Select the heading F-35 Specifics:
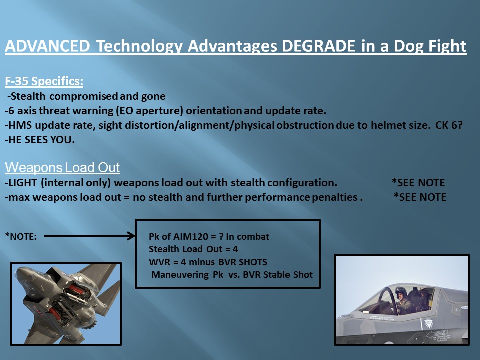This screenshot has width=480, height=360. tap(44, 81)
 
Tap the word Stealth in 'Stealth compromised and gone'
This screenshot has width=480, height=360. tap(28, 96)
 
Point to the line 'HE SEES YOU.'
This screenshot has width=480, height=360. tap(40, 140)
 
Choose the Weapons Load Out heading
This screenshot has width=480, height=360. tap(62, 168)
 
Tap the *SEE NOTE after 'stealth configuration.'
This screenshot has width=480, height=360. tap(418, 183)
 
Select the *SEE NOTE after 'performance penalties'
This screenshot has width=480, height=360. tap(420, 197)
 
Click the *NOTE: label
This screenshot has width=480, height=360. tap(21, 236)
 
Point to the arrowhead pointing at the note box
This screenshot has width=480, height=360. tap(131, 236)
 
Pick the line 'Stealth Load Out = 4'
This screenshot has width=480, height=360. tap(193, 249)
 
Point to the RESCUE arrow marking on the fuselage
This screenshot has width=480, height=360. tap(437, 333)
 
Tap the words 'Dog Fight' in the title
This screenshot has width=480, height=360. tap(430, 46)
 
